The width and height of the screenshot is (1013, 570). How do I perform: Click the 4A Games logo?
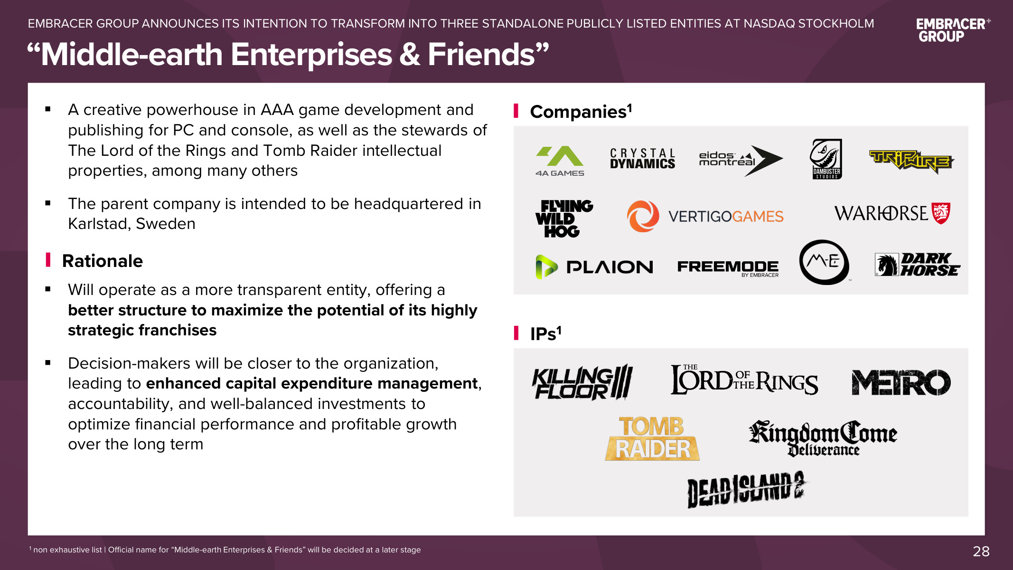point(560,161)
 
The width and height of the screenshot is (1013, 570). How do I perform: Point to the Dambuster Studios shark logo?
point(826,159)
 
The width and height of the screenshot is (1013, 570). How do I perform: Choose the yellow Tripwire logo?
point(911,161)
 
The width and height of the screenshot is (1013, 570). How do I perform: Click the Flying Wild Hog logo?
point(563,218)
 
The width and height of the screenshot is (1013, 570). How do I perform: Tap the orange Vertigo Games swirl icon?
point(643,216)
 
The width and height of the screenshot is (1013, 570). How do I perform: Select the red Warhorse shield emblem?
point(940,213)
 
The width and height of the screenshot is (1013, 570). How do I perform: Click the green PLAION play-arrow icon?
point(546,267)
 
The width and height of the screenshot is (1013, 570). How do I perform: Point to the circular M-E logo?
point(824,262)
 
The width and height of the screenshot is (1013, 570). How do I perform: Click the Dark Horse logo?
point(917,265)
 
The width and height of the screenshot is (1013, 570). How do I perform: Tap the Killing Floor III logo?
point(582,382)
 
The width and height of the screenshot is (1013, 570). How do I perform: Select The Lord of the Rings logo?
point(744,380)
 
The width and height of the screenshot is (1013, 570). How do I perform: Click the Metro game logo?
point(900,382)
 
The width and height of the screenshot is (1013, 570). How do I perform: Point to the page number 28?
point(981,551)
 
